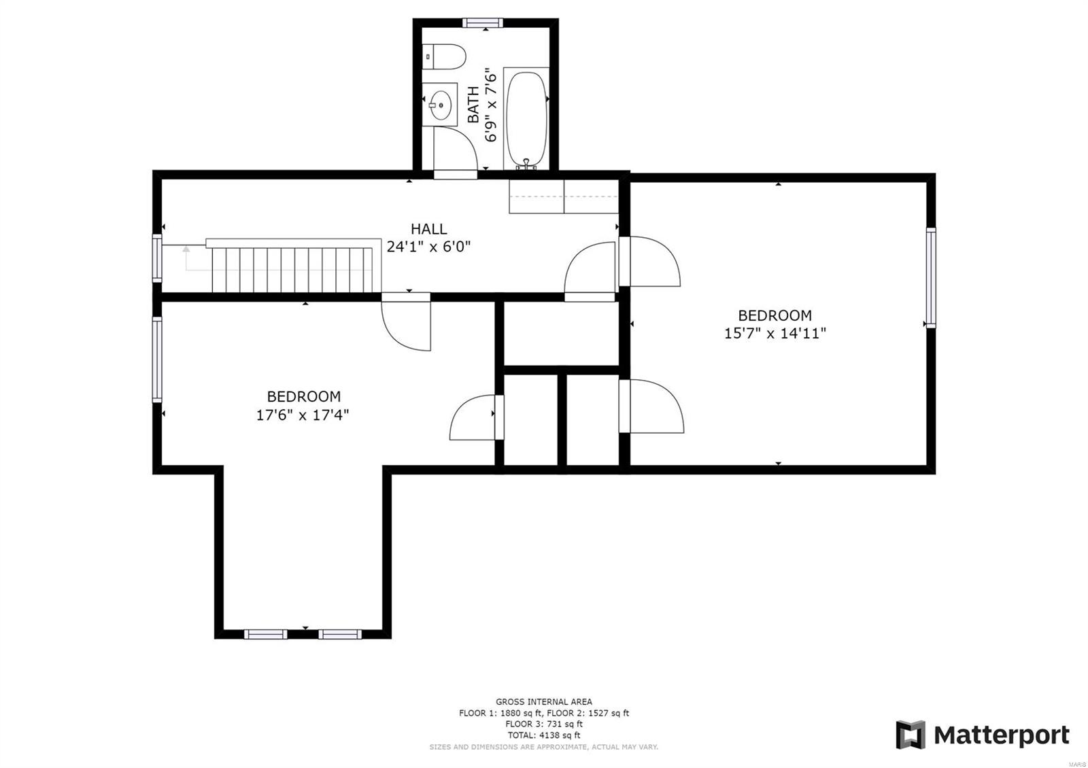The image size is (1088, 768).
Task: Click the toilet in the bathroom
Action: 446,56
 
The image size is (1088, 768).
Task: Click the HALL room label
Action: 428,229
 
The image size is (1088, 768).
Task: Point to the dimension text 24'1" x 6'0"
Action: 428,247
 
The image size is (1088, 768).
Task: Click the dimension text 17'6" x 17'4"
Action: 303,415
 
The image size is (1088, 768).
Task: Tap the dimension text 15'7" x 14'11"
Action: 775,333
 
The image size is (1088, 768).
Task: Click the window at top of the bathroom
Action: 483,22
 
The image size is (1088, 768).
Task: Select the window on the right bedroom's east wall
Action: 930,278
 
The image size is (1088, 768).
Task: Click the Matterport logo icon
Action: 911,735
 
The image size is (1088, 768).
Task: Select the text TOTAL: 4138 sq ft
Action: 543,735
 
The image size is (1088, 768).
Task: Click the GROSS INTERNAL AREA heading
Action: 543,701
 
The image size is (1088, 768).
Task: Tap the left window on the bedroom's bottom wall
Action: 265,634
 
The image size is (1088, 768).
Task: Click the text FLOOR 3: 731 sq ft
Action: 543,725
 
